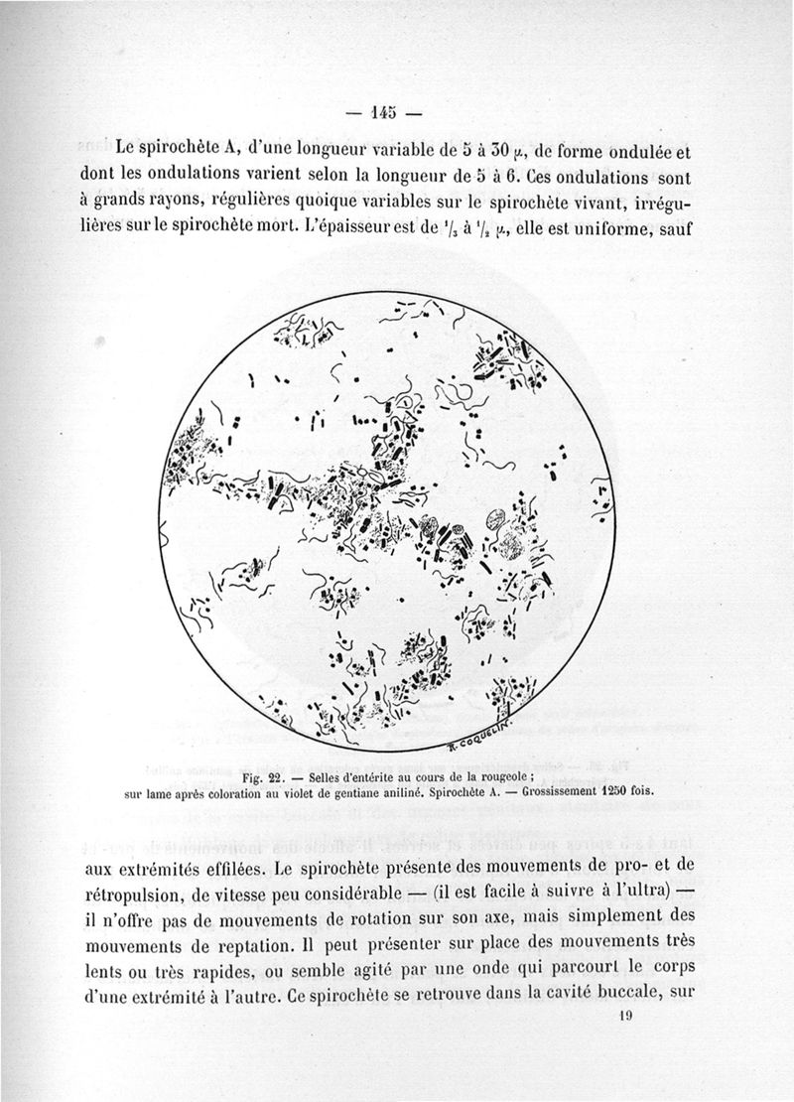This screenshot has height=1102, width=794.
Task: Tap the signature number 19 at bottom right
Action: [624, 1016]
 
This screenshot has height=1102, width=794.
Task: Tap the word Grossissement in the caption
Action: [538, 793]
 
